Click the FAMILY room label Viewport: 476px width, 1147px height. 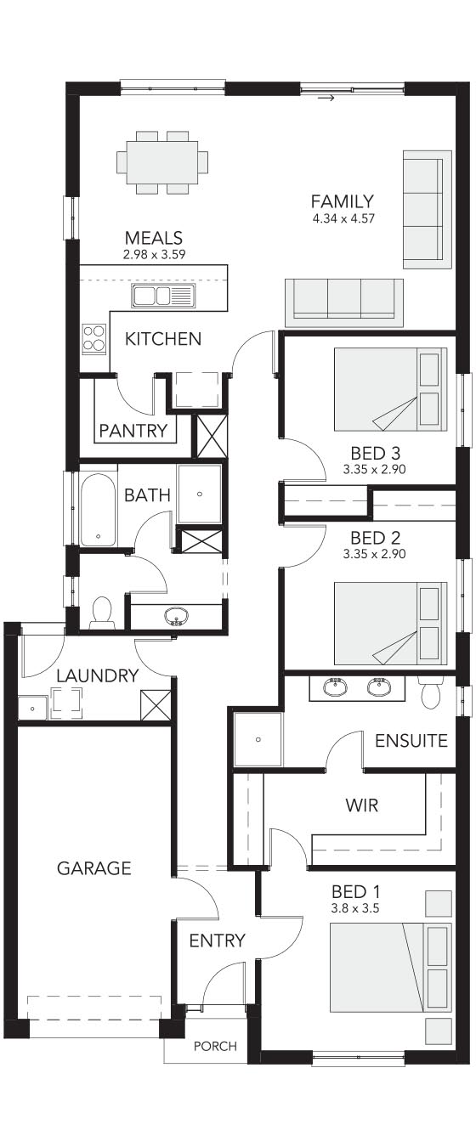tap(343, 201)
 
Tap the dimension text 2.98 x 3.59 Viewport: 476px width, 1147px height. tap(154, 254)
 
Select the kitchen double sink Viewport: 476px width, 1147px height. tap(163, 296)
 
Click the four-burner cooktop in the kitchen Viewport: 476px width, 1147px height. tap(94, 338)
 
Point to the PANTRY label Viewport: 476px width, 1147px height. tap(133, 431)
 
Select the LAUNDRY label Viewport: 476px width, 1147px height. tap(98, 676)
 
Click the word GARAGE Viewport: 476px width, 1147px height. tap(94, 868)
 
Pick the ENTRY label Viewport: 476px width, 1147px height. tap(218, 941)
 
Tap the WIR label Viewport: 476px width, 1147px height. tap(362, 805)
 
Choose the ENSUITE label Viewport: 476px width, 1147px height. tap(411, 741)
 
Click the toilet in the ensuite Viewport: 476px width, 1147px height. tap(431, 692)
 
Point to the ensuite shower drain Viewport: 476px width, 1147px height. tap(258, 739)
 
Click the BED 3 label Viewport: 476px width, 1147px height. tap(375, 453)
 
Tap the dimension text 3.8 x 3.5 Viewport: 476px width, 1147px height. tap(355, 909)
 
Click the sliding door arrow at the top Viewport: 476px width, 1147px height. tap(327, 98)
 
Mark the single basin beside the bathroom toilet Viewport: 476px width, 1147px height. tap(177, 616)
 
